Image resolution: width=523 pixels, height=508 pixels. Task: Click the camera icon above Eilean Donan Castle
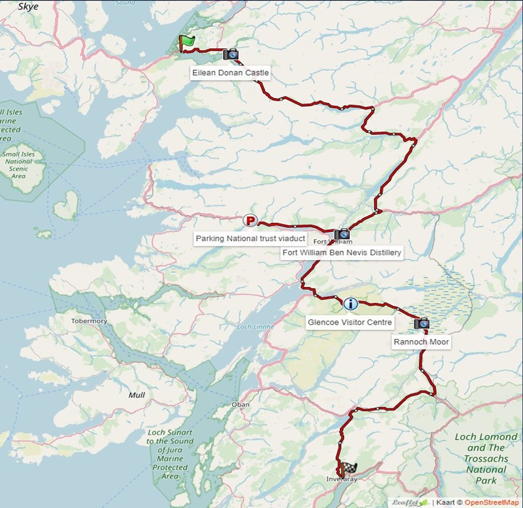[230, 54]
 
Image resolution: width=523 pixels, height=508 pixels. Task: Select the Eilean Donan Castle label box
[230, 73]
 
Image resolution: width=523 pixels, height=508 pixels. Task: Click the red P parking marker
[250, 220]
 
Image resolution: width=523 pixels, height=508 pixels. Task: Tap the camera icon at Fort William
[342, 234]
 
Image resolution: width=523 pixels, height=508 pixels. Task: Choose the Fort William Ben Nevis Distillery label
[342, 252]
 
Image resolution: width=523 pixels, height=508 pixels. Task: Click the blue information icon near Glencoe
[350, 303]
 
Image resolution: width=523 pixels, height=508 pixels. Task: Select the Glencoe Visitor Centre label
[350, 322]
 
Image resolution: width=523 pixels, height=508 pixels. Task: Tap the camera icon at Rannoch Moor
[421, 324]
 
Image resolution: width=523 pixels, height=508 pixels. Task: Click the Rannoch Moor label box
[421, 342]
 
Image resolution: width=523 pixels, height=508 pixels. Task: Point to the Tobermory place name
[89, 321]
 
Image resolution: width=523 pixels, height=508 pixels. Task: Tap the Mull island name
[137, 395]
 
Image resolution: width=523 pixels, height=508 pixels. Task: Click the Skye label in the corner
[28, 7]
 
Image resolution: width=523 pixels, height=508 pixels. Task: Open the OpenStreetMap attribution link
[493, 503]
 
